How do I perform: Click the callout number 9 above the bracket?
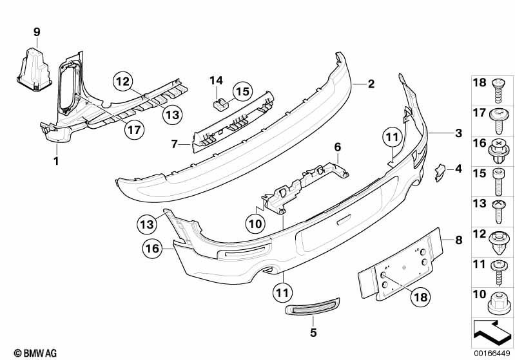pos(37,32)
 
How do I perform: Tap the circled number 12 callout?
pos(123,82)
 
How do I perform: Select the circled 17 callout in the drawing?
pos(134,130)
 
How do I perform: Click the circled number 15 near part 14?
pos(243,91)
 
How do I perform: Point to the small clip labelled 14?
pos(220,105)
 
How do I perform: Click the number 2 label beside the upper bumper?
pos(371,84)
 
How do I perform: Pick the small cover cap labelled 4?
pos(440,172)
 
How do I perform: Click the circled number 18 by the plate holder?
pos(421,297)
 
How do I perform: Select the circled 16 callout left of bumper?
pos(152,249)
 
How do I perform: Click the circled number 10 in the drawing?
pos(255,224)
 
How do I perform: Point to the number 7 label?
pos(175,144)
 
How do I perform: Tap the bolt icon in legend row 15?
pos(498,181)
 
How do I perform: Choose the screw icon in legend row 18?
pos(498,90)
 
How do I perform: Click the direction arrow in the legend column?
pos(492,333)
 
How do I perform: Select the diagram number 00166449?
pos(492,354)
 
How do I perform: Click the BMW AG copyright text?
pos(35,353)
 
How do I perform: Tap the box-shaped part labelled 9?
pos(34,70)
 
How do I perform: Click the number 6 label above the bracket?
pos(338,147)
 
